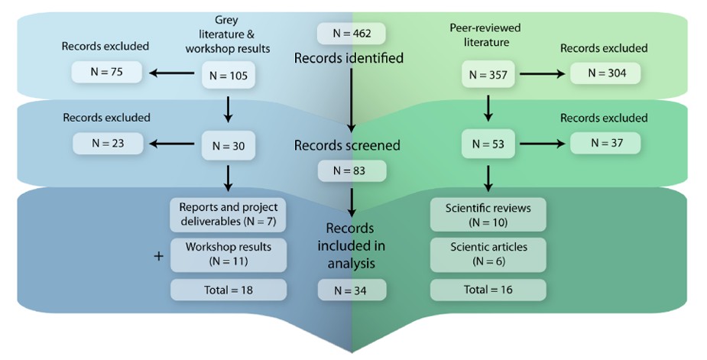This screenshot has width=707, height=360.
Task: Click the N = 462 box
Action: click(351, 34)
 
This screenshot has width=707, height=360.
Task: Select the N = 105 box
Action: click(228, 75)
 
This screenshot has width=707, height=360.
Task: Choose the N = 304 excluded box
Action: click(604, 73)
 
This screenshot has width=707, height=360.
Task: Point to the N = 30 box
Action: click(228, 144)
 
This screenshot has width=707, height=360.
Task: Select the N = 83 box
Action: click(352, 171)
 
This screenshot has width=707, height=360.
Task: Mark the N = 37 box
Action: click(604, 143)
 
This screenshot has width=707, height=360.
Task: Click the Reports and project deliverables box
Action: click(228, 215)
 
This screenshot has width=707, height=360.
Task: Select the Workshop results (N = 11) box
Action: click(228, 254)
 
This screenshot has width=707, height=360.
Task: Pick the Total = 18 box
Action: click(228, 290)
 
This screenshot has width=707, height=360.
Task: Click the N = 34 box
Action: click(352, 290)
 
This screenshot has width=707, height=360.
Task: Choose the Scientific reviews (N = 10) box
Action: click(488, 215)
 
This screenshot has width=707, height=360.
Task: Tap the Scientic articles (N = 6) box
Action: click(488, 254)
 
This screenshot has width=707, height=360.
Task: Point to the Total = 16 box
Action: click(488, 290)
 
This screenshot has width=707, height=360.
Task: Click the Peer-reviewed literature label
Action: click(479, 34)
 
